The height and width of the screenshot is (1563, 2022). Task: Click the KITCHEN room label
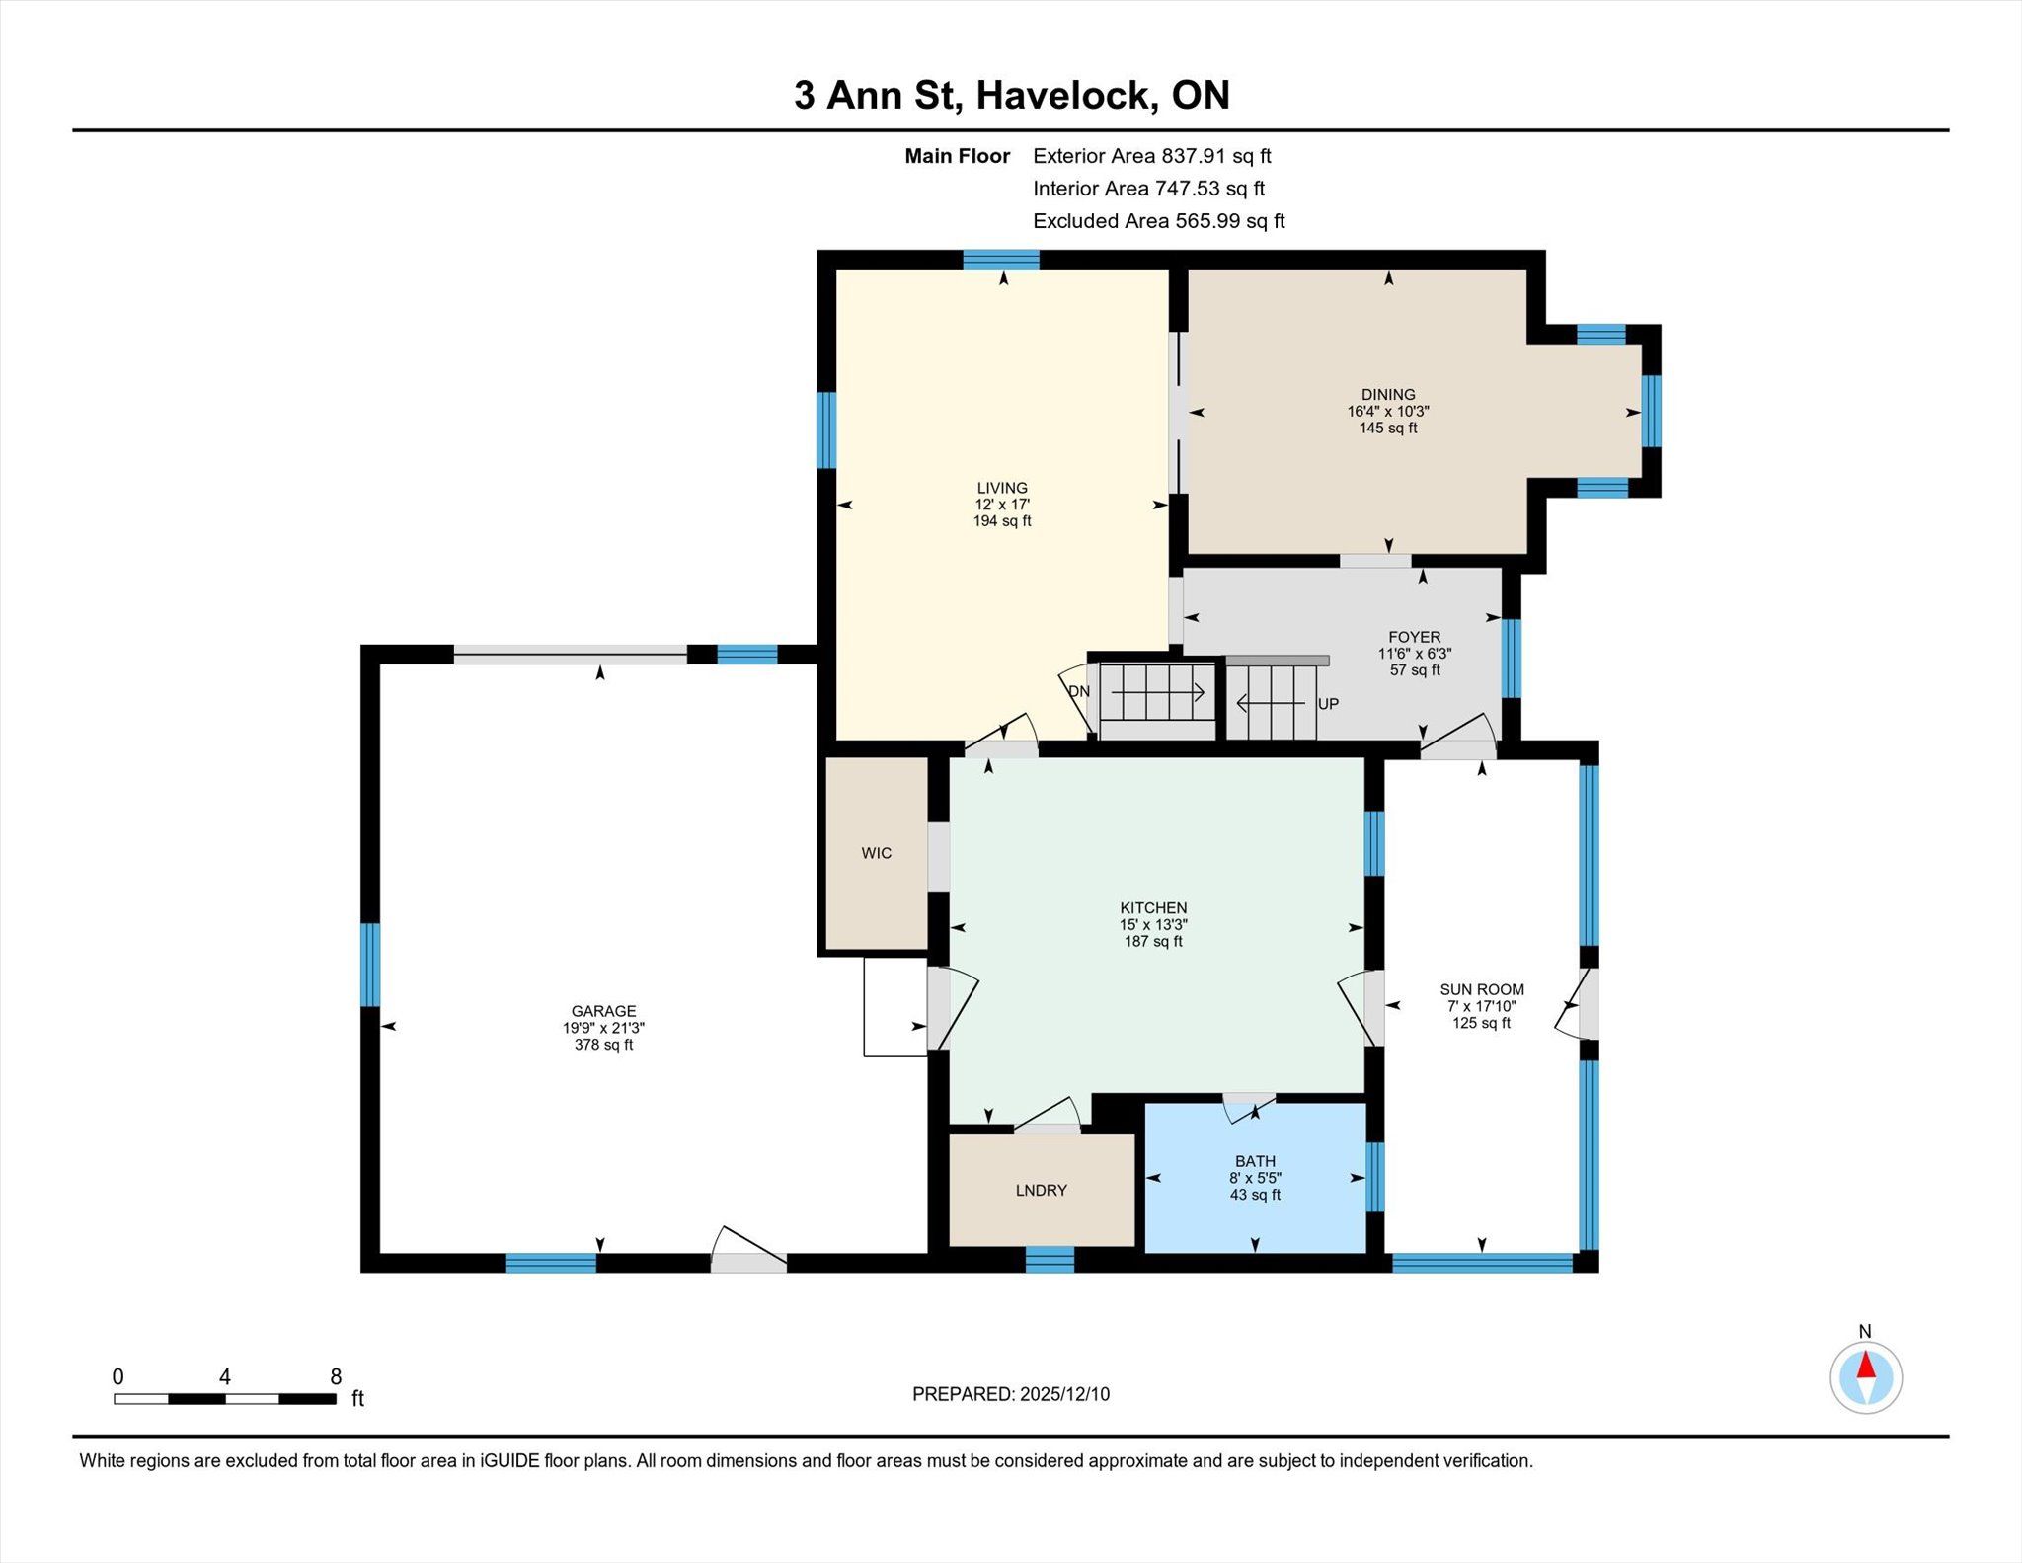tap(1153, 907)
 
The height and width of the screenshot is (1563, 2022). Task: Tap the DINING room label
tap(1388, 394)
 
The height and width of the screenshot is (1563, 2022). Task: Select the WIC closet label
tap(876, 853)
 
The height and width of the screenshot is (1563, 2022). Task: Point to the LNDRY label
tap(1041, 1190)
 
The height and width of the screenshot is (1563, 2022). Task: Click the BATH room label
tap(1255, 1161)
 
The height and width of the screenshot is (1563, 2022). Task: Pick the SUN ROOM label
tap(1482, 989)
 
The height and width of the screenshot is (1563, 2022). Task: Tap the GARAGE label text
tap(603, 1011)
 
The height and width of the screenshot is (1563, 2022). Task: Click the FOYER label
tap(1414, 637)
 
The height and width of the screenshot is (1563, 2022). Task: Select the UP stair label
tap(1328, 704)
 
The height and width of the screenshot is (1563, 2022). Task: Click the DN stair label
tap(1079, 691)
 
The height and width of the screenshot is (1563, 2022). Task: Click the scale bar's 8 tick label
tap(336, 1376)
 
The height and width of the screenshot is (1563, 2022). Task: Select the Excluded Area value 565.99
tap(1207, 221)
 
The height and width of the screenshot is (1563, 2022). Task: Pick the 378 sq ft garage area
tap(603, 1045)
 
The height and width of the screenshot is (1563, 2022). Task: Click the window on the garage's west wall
tap(370, 965)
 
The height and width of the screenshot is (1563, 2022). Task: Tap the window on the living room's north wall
tap(1001, 260)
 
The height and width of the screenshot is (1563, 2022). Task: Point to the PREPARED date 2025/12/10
tap(1065, 1394)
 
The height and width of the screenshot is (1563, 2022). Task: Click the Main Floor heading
tap(958, 156)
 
